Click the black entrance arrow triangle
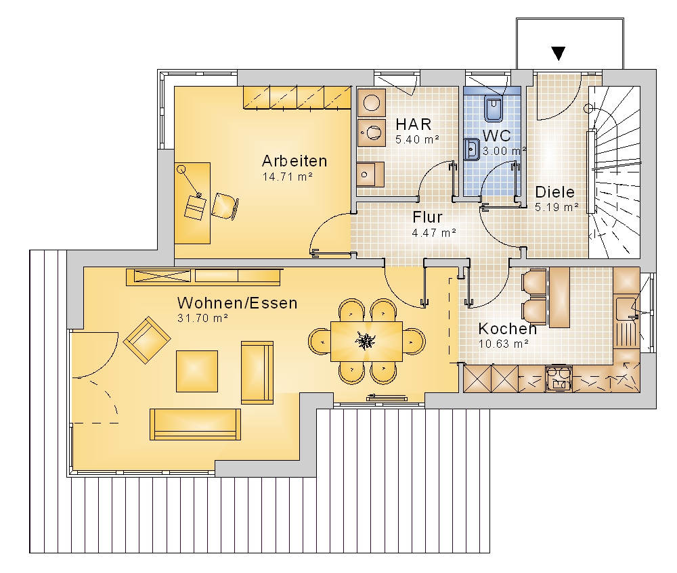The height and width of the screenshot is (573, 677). point(559,53)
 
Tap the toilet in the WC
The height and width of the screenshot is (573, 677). point(493,108)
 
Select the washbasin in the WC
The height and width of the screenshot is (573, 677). point(472,150)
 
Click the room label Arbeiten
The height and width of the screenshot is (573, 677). point(294,161)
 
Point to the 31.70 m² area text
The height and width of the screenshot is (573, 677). point(202,319)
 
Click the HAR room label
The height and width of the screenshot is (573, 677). point(413,124)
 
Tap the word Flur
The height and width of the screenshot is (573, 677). point(427,217)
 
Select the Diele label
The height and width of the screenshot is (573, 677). point(555,192)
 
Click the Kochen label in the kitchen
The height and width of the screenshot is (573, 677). point(507,329)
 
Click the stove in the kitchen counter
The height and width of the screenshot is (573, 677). point(559,378)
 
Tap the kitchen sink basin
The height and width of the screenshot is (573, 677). point(627,308)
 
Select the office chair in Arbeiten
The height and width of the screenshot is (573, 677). point(225,206)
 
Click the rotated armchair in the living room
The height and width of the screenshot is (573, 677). point(147,340)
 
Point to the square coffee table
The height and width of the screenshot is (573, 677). point(197,371)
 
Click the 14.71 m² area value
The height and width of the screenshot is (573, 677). point(288,177)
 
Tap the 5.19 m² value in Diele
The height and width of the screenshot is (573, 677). point(557,208)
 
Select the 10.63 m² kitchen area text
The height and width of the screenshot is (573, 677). point(504,344)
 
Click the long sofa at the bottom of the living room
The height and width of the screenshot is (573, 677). point(195,425)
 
